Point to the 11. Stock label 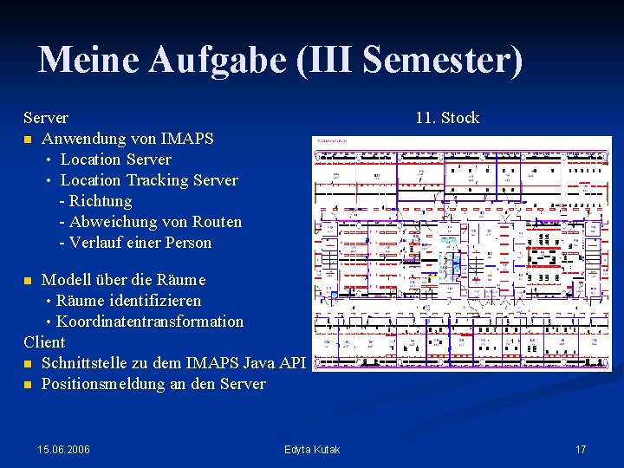click(446, 118)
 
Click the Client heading click(45, 342)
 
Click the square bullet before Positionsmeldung click(29, 384)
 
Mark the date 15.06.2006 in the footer click(64, 449)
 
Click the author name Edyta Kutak click(312, 449)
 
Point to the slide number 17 click(581, 449)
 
